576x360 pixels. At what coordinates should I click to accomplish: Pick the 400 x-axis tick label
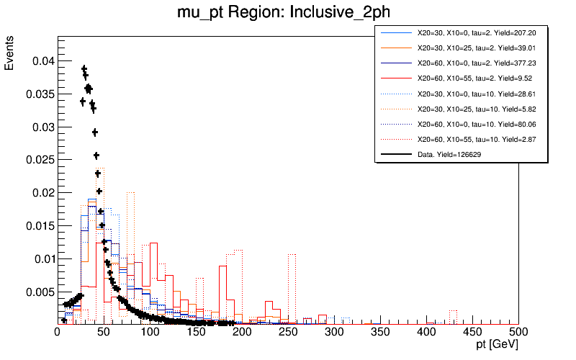[426, 332]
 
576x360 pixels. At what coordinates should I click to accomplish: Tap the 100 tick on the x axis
[150, 332]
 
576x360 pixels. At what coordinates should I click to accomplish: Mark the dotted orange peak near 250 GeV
[292, 254]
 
